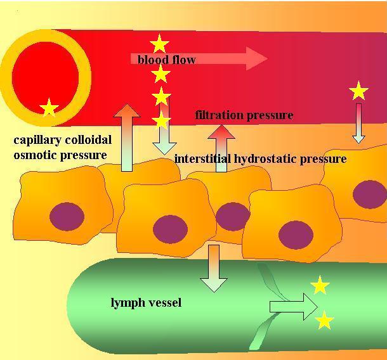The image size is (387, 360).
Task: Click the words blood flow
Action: click(x=166, y=60)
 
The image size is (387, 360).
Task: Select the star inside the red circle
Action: click(x=49, y=108)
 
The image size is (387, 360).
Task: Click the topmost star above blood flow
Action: click(x=159, y=44)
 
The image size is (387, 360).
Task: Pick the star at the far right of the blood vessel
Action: click(x=358, y=91)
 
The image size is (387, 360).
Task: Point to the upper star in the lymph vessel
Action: click(x=320, y=286)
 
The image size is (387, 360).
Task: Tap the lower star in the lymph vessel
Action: click(x=324, y=321)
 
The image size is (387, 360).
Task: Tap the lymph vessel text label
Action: click(x=146, y=302)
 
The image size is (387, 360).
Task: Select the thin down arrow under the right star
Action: click(x=358, y=124)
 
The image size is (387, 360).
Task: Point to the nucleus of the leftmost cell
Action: click(x=67, y=216)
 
